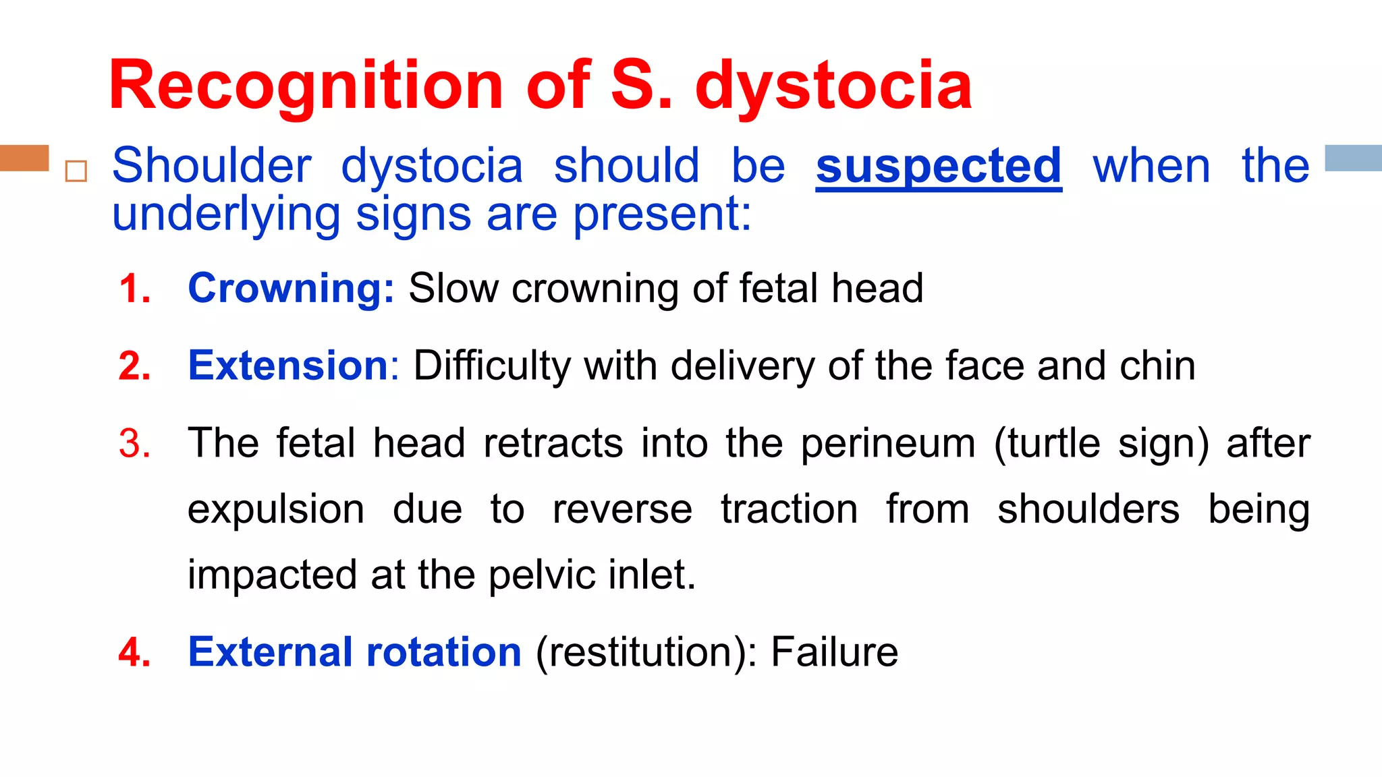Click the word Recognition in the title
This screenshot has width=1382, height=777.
pyautogui.click(x=306, y=86)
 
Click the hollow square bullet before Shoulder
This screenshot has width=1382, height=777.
pyautogui.click(x=76, y=171)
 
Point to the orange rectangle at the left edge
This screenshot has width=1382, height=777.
pyautogui.click(x=24, y=158)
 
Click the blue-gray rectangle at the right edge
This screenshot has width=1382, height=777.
pyautogui.click(x=1353, y=158)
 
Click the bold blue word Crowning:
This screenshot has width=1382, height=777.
pyautogui.click(x=291, y=288)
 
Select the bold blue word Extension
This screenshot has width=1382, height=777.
pyautogui.click(x=288, y=366)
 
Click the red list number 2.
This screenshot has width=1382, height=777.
pyautogui.click(x=134, y=366)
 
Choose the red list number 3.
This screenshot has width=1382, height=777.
pyautogui.click(x=134, y=444)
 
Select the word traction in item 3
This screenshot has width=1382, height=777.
pyautogui.click(x=789, y=509)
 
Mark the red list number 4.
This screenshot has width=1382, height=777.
pyautogui.click(x=134, y=652)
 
